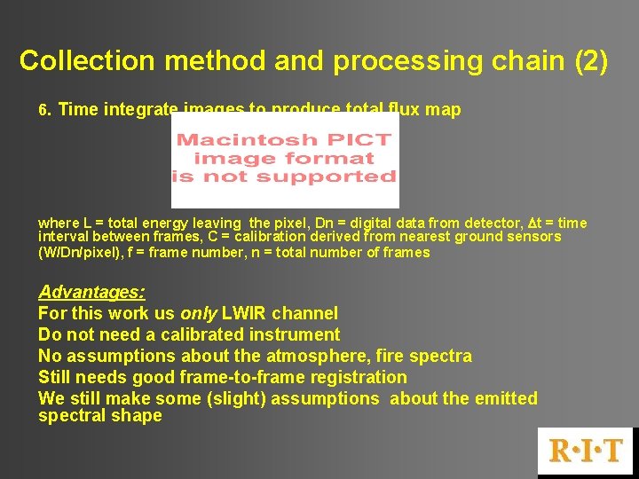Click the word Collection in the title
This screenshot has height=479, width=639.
75,60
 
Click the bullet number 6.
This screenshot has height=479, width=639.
45,111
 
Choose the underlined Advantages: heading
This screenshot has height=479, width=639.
91,292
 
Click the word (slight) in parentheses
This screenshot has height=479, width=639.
233,398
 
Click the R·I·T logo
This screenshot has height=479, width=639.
587,451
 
